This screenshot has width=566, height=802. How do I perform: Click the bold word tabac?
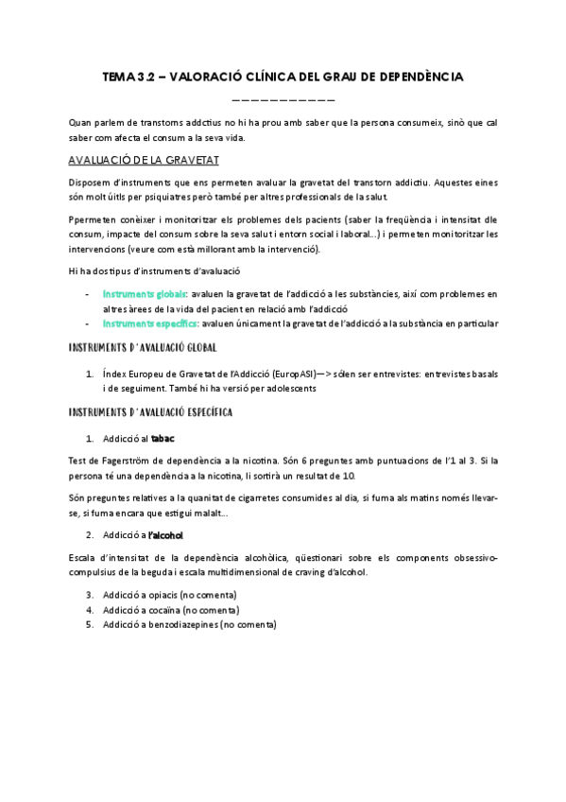click(x=163, y=439)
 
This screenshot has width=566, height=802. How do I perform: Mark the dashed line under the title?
click(x=283, y=99)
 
